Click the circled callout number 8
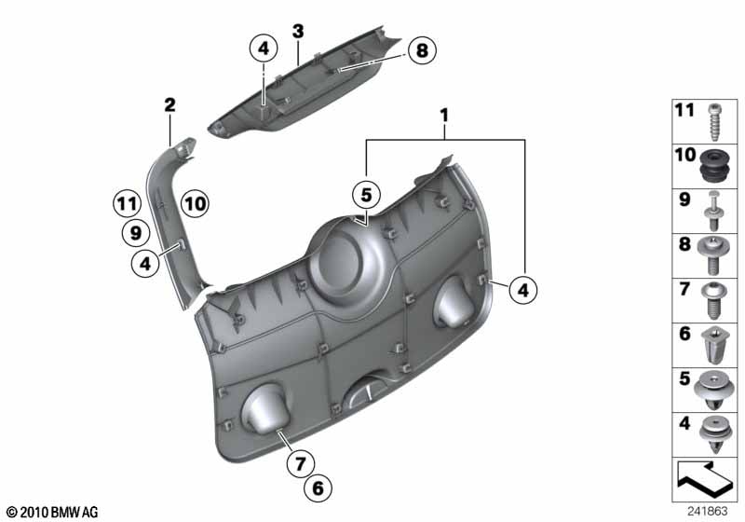pos(422,50)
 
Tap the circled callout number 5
pos(366,195)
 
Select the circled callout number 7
pos(300,462)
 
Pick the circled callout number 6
pos(318,488)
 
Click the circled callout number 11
pos(127,204)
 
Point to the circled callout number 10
pos(195,204)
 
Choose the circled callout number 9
pos(136,233)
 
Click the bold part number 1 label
pos(444,115)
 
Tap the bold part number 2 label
pos(169,104)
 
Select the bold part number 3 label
pos(298,32)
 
